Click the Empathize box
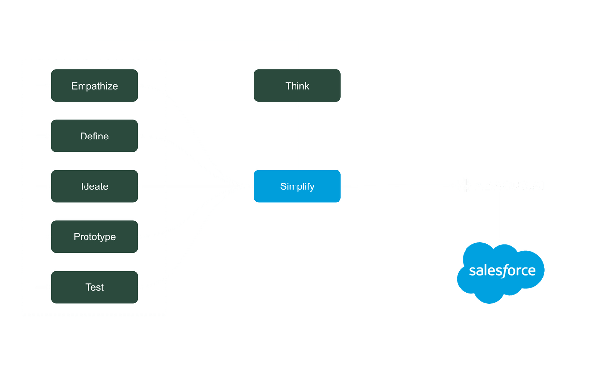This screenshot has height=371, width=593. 94,86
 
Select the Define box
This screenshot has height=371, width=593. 94,136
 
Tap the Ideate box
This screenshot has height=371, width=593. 94,186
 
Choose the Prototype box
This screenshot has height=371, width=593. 94,237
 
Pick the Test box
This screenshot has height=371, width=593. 94,287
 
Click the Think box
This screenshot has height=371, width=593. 297,86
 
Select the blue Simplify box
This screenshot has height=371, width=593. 297,186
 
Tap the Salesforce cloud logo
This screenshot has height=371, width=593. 501,272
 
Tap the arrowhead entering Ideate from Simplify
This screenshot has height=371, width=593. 142,186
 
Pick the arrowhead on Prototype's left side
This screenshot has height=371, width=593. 48,237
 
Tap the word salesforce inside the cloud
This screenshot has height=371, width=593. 502,271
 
